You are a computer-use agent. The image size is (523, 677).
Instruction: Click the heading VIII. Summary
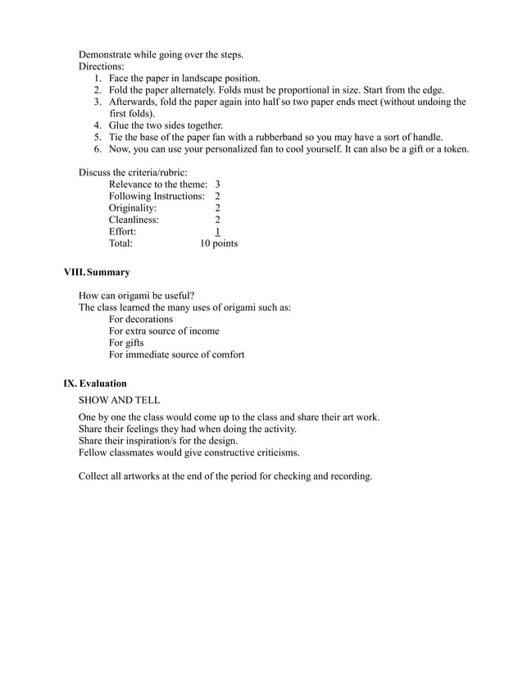(x=97, y=272)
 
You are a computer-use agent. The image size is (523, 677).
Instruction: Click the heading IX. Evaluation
(x=95, y=383)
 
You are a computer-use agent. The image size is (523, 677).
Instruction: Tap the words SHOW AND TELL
(x=119, y=401)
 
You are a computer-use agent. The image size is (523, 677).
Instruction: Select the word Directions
(x=101, y=66)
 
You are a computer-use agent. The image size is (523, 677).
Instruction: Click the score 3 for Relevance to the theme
(x=217, y=184)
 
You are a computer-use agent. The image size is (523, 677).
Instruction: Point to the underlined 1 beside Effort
(x=217, y=232)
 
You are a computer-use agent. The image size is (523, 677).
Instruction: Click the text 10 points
(x=219, y=243)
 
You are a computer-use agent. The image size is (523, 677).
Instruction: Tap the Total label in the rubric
(x=121, y=243)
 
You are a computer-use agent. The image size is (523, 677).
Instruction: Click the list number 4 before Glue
(x=97, y=125)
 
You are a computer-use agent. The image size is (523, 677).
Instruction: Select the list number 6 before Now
(x=97, y=149)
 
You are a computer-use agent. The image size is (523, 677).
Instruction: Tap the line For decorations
(x=141, y=319)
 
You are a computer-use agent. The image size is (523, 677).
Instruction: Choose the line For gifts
(x=128, y=343)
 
